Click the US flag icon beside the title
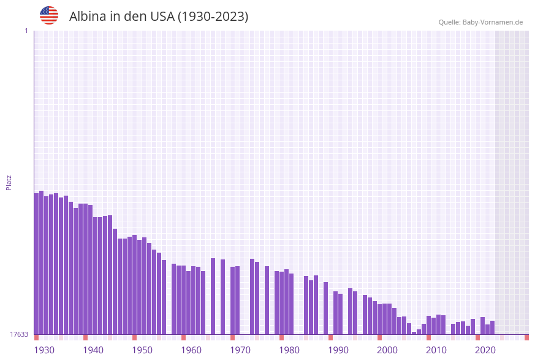49,15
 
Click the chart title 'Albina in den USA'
159,17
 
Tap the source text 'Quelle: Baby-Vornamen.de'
480,22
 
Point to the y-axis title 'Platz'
9,182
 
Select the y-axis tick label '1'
26,31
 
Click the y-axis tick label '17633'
19,334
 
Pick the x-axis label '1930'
44,350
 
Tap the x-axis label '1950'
142,350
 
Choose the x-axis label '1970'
240,350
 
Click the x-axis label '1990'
338,350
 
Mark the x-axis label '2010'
436,350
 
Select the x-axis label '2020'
485,350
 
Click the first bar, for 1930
37,264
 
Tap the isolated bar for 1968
223,297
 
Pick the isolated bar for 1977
267,300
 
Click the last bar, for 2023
493,327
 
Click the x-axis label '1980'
289,350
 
